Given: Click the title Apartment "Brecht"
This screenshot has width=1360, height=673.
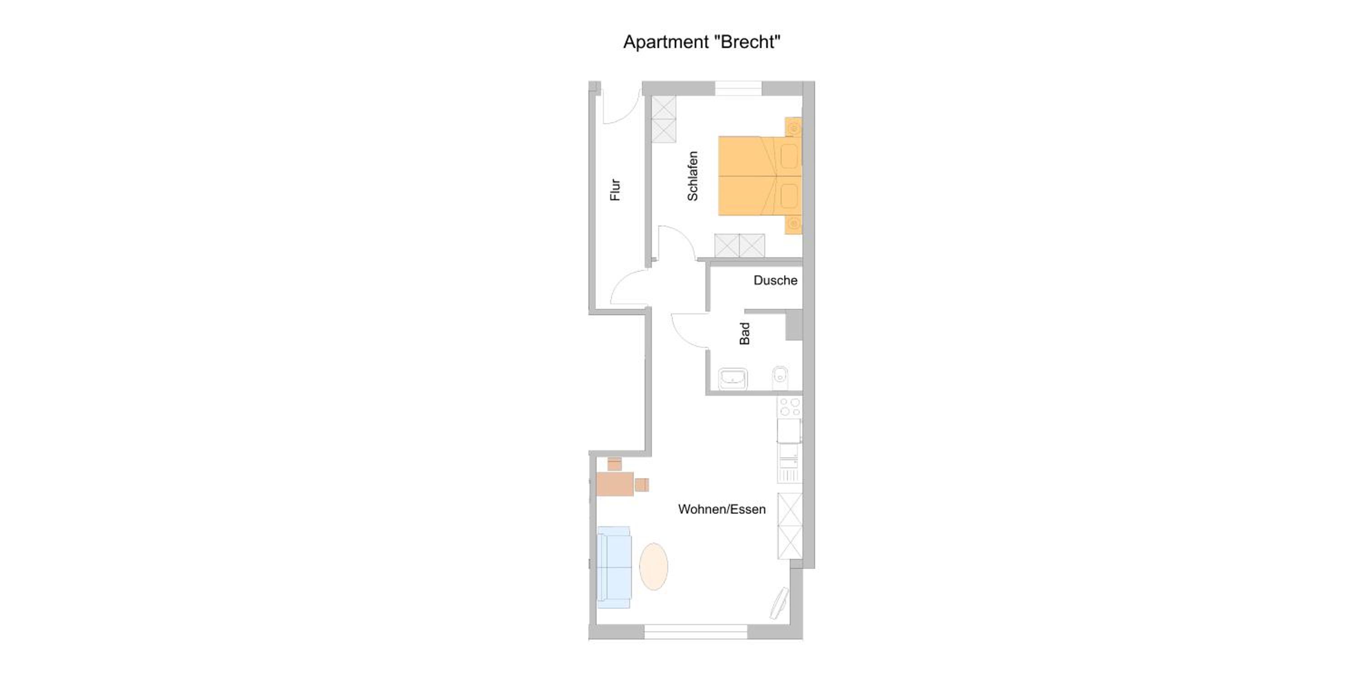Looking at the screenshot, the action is pos(702,42).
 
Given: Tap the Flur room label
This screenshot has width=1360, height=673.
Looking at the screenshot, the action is pos(615,190).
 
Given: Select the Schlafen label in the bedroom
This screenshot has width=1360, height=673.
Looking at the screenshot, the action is pos(693,176).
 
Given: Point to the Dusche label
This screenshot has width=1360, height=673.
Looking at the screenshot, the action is pos(775,281).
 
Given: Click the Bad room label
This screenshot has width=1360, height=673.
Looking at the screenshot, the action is pos(744,334).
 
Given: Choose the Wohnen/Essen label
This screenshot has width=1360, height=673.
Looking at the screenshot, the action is pos(722,510).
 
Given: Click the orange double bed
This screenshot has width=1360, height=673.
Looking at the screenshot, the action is pos(760,176).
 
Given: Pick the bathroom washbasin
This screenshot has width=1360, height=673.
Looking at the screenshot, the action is pos(733,379).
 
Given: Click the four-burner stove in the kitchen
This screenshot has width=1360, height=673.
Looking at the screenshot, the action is pos(789,407).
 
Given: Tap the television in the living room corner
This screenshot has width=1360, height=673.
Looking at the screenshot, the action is pos(779,603).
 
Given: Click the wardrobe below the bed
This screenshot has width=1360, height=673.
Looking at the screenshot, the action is pos(740,246).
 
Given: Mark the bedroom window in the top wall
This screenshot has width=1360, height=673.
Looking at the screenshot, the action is pos(738,88).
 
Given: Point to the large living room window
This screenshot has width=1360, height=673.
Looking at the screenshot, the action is pos(696,632).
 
